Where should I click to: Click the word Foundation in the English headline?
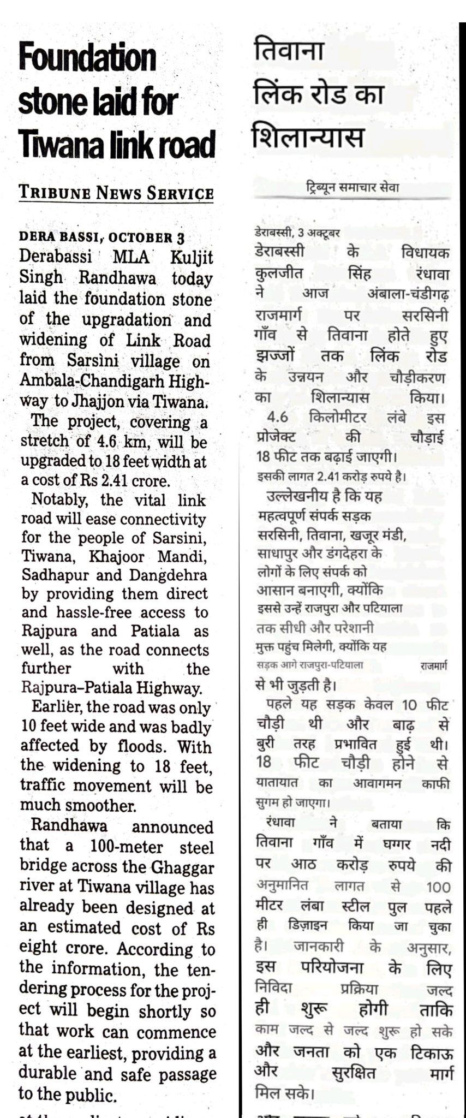(87, 58)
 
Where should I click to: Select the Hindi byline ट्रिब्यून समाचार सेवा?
(352, 188)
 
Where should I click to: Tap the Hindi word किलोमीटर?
(337, 418)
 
